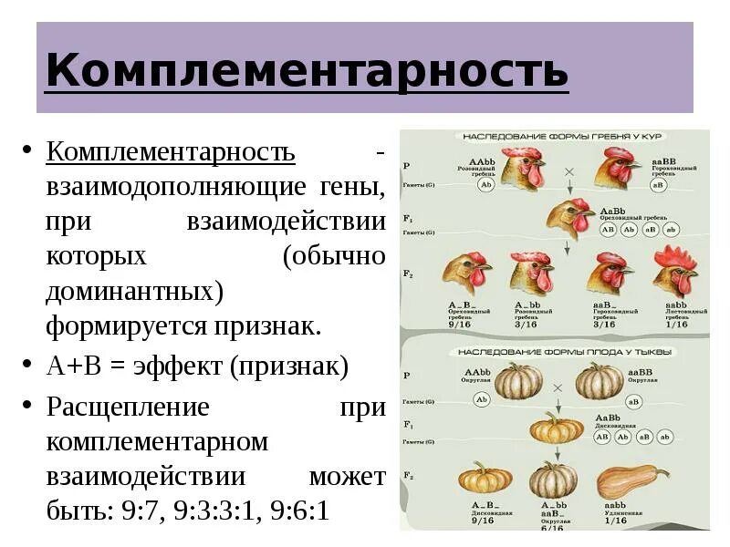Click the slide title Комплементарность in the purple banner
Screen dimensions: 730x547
point(307,70)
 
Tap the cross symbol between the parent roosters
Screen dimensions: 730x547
point(568,171)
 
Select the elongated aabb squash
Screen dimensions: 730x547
point(630,481)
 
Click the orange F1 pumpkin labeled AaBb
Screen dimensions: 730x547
point(556,427)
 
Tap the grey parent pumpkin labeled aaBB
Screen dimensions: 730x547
point(600,378)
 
